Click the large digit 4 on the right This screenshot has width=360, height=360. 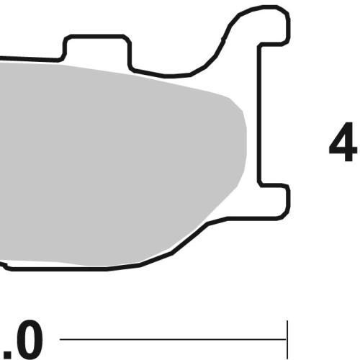[x=343, y=142]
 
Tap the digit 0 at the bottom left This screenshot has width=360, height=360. [x=28, y=340]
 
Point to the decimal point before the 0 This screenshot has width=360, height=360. [x=5, y=354]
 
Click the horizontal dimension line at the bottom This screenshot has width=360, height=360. [x=173, y=339]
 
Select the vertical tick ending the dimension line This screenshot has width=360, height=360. [x=287, y=340]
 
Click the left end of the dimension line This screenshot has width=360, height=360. [x=60, y=339]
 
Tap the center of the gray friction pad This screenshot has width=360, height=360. [x=120, y=166]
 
